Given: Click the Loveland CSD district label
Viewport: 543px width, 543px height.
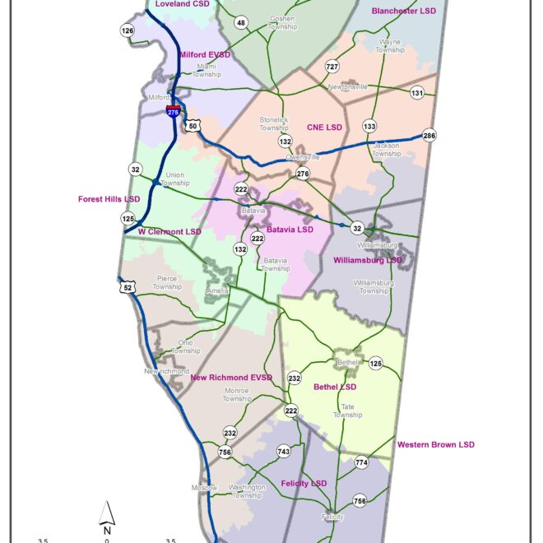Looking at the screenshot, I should (x=183, y=4).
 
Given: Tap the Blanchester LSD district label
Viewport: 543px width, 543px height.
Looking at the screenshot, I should (x=404, y=12).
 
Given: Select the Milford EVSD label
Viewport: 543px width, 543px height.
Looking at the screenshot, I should (x=205, y=55).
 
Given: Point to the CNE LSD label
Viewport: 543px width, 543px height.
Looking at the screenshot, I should (x=324, y=128).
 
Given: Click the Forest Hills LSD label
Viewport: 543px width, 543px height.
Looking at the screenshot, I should (x=109, y=199).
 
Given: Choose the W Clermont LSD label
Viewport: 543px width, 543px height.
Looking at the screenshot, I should (x=169, y=232).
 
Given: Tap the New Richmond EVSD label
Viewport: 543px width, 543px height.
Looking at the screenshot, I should (x=230, y=378).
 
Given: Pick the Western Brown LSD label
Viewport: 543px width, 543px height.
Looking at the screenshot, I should (x=435, y=445).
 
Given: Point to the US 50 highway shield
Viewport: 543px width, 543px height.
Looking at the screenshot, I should (x=193, y=125).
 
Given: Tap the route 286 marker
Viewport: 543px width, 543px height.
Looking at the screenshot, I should (x=429, y=136).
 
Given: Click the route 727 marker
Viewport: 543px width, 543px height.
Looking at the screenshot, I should (x=332, y=66).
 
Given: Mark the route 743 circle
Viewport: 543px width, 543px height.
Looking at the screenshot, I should (x=284, y=452).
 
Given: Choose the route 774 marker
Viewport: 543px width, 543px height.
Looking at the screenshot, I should (x=361, y=463).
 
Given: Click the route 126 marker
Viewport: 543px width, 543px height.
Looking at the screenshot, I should (x=127, y=31).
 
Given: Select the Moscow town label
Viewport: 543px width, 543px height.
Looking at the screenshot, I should (x=205, y=488).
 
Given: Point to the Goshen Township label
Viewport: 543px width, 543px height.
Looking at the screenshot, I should (x=282, y=23).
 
